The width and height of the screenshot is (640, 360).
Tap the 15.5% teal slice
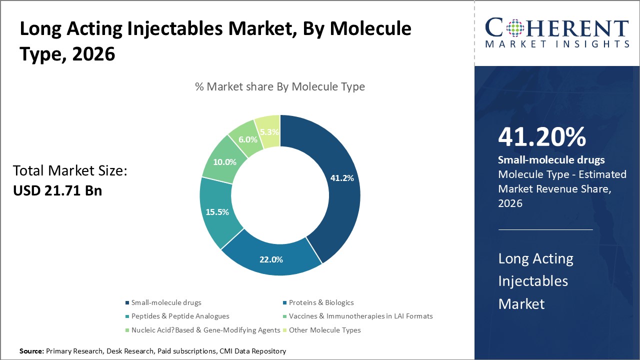(x=217, y=211)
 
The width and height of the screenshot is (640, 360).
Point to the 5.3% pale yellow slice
(x=269, y=132)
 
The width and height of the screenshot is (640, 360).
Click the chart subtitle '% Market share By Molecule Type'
(x=280, y=86)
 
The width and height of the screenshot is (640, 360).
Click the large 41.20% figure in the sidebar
(x=541, y=137)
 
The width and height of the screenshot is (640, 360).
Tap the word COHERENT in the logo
(x=557, y=27)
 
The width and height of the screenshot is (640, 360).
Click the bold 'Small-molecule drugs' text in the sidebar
(x=551, y=160)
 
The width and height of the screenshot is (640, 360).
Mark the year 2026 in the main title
(x=93, y=54)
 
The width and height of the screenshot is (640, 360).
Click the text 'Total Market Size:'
(x=70, y=171)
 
